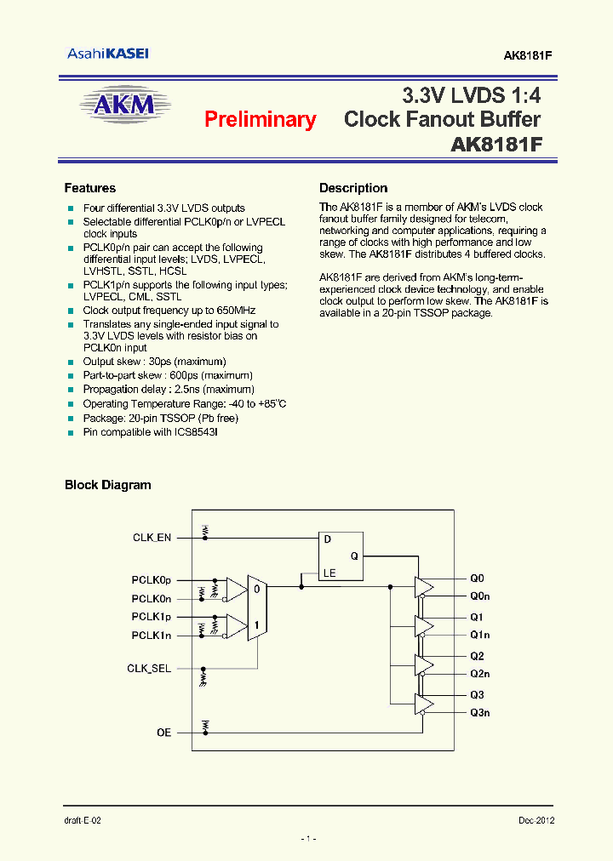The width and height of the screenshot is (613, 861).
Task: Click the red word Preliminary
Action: click(x=260, y=120)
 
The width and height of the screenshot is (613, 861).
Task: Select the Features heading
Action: click(x=90, y=188)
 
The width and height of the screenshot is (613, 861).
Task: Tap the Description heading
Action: click(x=353, y=188)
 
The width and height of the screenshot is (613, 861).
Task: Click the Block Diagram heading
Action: click(x=108, y=485)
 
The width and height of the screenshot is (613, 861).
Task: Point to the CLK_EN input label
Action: click(x=152, y=538)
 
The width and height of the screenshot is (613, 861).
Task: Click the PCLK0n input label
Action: click(x=151, y=599)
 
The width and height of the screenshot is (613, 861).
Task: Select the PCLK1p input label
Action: click(x=151, y=617)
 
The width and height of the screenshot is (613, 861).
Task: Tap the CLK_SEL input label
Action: click(x=149, y=669)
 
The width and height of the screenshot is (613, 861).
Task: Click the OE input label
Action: click(x=163, y=733)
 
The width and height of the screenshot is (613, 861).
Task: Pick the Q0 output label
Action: click(x=476, y=578)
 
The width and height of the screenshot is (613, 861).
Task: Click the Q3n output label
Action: click(x=479, y=713)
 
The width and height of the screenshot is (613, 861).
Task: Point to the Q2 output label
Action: click(x=476, y=656)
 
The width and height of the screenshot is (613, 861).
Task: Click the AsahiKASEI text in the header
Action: click(x=108, y=54)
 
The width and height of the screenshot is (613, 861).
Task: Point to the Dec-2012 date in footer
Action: click(x=536, y=820)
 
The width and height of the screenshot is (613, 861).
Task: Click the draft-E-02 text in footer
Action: click(x=83, y=820)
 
